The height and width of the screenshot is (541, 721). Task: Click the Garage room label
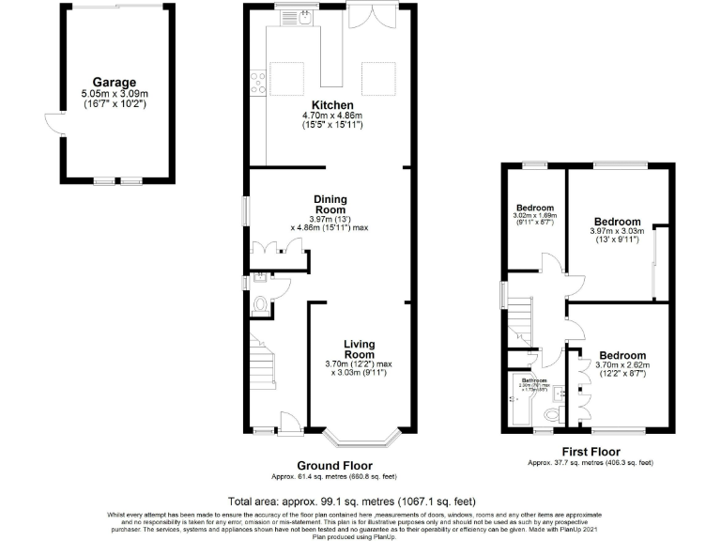pyautogui.click(x=114, y=83)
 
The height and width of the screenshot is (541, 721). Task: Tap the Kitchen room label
pyautogui.click(x=333, y=105)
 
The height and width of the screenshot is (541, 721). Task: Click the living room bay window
pyautogui.click(x=361, y=437)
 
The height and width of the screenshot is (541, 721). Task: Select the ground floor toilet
pyautogui.click(x=260, y=304)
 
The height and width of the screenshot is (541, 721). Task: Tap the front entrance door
pyautogui.click(x=289, y=425)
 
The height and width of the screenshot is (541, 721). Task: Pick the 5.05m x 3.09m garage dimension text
pyautogui.click(x=114, y=94)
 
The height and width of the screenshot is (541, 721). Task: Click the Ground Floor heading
pyautogui.click(x=334, y=466)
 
